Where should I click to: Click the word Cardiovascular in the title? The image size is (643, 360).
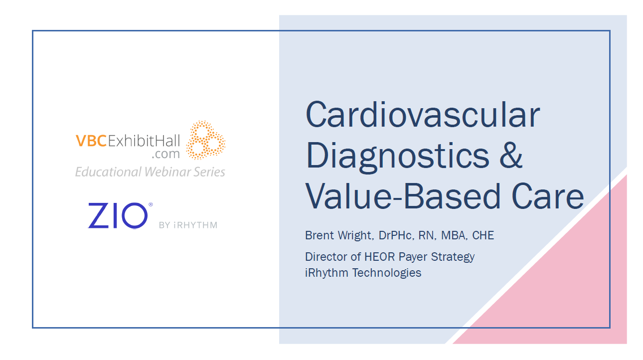click(423, 114)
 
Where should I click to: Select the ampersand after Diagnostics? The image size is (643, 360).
click(511, 155)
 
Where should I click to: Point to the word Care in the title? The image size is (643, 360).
click(548, 196)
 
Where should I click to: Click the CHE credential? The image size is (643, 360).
click(483, 235)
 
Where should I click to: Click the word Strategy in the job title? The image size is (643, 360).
click(453, 257)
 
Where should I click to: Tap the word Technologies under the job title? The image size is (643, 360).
click(387, 273)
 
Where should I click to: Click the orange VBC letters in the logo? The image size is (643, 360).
click(91, 141)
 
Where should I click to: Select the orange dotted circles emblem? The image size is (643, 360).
click(205, 140)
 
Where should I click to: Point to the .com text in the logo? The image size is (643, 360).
click(165, 155)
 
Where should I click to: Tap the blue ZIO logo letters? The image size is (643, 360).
click(118, 215)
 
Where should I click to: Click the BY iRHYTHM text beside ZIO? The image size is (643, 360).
click(188, 225)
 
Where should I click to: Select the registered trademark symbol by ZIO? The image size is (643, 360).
click(151, 204)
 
